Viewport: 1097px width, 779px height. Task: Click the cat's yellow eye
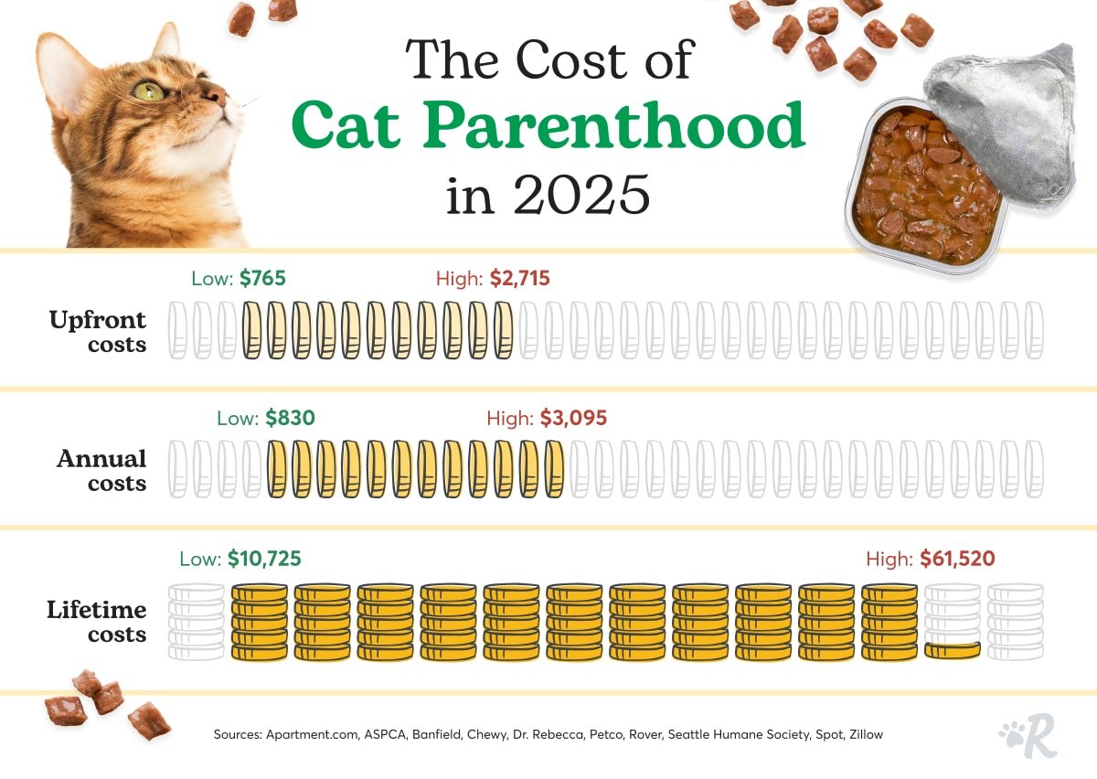click(147, 91)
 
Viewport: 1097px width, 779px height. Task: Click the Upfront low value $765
click(262, 279)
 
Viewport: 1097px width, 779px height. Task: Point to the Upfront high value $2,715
click(519, 279)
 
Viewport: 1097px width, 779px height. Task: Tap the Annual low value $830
click(290, 419)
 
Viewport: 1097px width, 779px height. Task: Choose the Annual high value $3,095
click(572, 419)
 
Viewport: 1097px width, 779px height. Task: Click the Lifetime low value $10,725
click(264, 559)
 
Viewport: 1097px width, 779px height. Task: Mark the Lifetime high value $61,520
click(957, 559)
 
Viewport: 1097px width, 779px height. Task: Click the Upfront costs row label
click(98, 332)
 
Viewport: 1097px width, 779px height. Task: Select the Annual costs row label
click(101, 471)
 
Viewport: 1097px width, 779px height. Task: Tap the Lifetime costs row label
click(97, 621)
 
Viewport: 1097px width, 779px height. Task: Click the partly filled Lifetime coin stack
click(953, 622)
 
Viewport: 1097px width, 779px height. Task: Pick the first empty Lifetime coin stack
click(197, 622)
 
